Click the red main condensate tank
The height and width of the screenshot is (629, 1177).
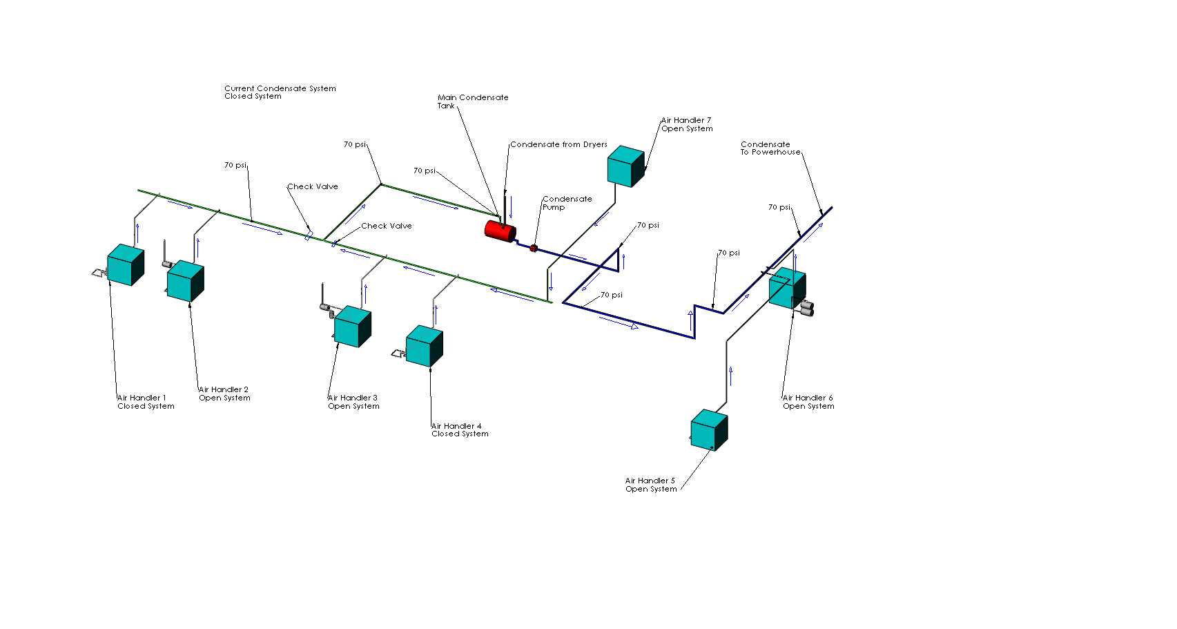500,231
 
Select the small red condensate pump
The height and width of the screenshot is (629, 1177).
534,248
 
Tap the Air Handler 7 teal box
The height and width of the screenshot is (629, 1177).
626,166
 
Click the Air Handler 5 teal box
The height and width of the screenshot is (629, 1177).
709,430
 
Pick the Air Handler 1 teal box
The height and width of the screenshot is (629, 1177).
126,265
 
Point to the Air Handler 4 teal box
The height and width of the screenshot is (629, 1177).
425,346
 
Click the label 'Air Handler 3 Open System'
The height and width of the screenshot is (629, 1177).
353,402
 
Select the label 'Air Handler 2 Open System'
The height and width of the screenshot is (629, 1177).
224,394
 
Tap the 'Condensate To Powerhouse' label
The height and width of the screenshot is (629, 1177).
770,148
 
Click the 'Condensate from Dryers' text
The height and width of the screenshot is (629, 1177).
558,144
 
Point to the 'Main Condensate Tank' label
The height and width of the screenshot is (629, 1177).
473,101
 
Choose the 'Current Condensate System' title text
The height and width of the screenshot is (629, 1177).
280,88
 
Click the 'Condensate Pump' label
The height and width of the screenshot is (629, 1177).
567,203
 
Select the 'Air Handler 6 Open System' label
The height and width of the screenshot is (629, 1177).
808,402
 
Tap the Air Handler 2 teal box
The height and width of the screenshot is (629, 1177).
186,281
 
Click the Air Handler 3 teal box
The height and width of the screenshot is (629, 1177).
353,327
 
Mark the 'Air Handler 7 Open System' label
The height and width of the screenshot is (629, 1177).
687,124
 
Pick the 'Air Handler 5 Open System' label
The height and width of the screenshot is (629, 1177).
651,485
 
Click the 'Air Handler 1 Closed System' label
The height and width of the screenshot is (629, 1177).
146,402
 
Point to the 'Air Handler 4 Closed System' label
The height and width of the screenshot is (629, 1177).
460,430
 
